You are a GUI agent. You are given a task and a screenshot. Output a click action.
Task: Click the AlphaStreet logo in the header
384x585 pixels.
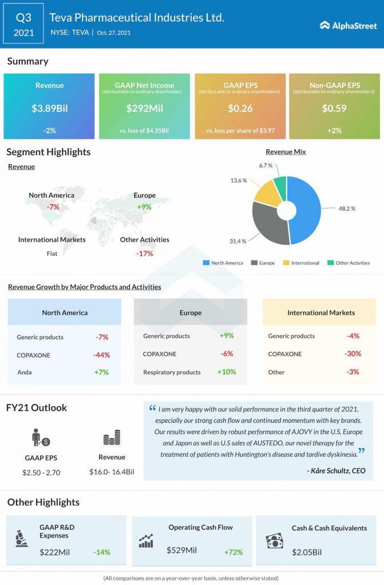(348, 25)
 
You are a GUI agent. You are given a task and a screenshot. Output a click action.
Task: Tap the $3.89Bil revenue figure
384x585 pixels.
(49, 108)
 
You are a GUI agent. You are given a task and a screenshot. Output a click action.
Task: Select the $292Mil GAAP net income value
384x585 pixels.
(144, 108)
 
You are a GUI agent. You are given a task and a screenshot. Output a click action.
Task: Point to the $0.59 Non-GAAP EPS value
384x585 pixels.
(334, 108)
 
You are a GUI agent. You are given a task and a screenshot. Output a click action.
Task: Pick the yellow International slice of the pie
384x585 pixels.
(265, 192)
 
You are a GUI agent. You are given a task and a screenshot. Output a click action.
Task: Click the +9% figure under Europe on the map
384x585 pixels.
(145, 207)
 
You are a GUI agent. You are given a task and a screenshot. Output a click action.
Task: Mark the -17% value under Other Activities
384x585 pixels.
(145, 253)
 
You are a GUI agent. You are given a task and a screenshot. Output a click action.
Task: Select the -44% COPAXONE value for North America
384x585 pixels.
(101, 355)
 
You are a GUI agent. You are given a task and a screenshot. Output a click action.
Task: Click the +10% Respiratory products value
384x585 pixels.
(227, 372)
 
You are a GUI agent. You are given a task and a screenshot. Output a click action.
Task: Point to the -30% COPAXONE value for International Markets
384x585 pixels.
(353, 354)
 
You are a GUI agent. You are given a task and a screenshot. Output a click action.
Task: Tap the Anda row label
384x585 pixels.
(25, 372)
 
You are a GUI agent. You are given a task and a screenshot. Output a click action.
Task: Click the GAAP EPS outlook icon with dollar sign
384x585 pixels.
(40, 439)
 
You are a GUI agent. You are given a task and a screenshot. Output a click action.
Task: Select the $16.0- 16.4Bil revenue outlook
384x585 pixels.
(112, 472)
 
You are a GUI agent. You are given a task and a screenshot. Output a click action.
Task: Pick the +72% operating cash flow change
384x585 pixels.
(234, 552)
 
